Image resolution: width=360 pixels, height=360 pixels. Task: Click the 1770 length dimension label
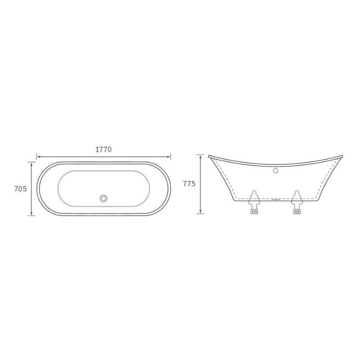[x=103, y=149]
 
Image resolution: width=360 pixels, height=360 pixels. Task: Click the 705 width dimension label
[x=20, y=189]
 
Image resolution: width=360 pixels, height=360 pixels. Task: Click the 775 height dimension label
[x=189, y=184]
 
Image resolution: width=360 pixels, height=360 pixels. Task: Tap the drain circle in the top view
[x=104, y=198]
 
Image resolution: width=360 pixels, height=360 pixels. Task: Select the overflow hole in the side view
[x=275, y=171]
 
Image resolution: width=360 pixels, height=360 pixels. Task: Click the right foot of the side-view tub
[x=297, y=202]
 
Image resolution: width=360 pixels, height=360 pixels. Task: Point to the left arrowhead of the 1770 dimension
[x=38, y=157]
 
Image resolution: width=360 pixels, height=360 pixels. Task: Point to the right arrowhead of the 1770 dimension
[x=169, y=157]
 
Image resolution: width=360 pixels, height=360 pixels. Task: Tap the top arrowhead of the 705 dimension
[x=31, y=163]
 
